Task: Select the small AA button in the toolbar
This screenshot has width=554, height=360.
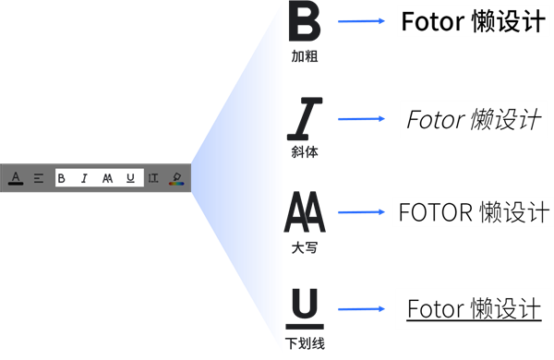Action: click(x=107, y=178)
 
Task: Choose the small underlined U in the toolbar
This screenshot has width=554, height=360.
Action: click(x=130, y=178)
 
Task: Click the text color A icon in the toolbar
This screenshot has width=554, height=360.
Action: click(x=16, y=178)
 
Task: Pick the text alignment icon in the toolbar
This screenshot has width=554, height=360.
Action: click(x=39, y=178)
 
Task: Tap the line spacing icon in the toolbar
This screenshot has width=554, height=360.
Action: click(x=153, y=178)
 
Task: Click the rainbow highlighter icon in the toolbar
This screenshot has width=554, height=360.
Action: click(x=175, y=178)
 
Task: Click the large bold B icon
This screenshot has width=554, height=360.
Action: click(x=304, y=21)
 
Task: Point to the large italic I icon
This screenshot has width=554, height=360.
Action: click(x=306, y=117)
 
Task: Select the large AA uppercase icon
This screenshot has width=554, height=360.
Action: click(x=304, y=213)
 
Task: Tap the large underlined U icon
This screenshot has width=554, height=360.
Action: click(x=306, y=308)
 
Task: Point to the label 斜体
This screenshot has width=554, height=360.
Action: click(x=305, y=151)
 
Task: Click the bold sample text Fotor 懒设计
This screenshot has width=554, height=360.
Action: click(x=472, y=21)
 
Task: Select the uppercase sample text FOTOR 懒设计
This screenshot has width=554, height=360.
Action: click(x=473, y=212)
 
